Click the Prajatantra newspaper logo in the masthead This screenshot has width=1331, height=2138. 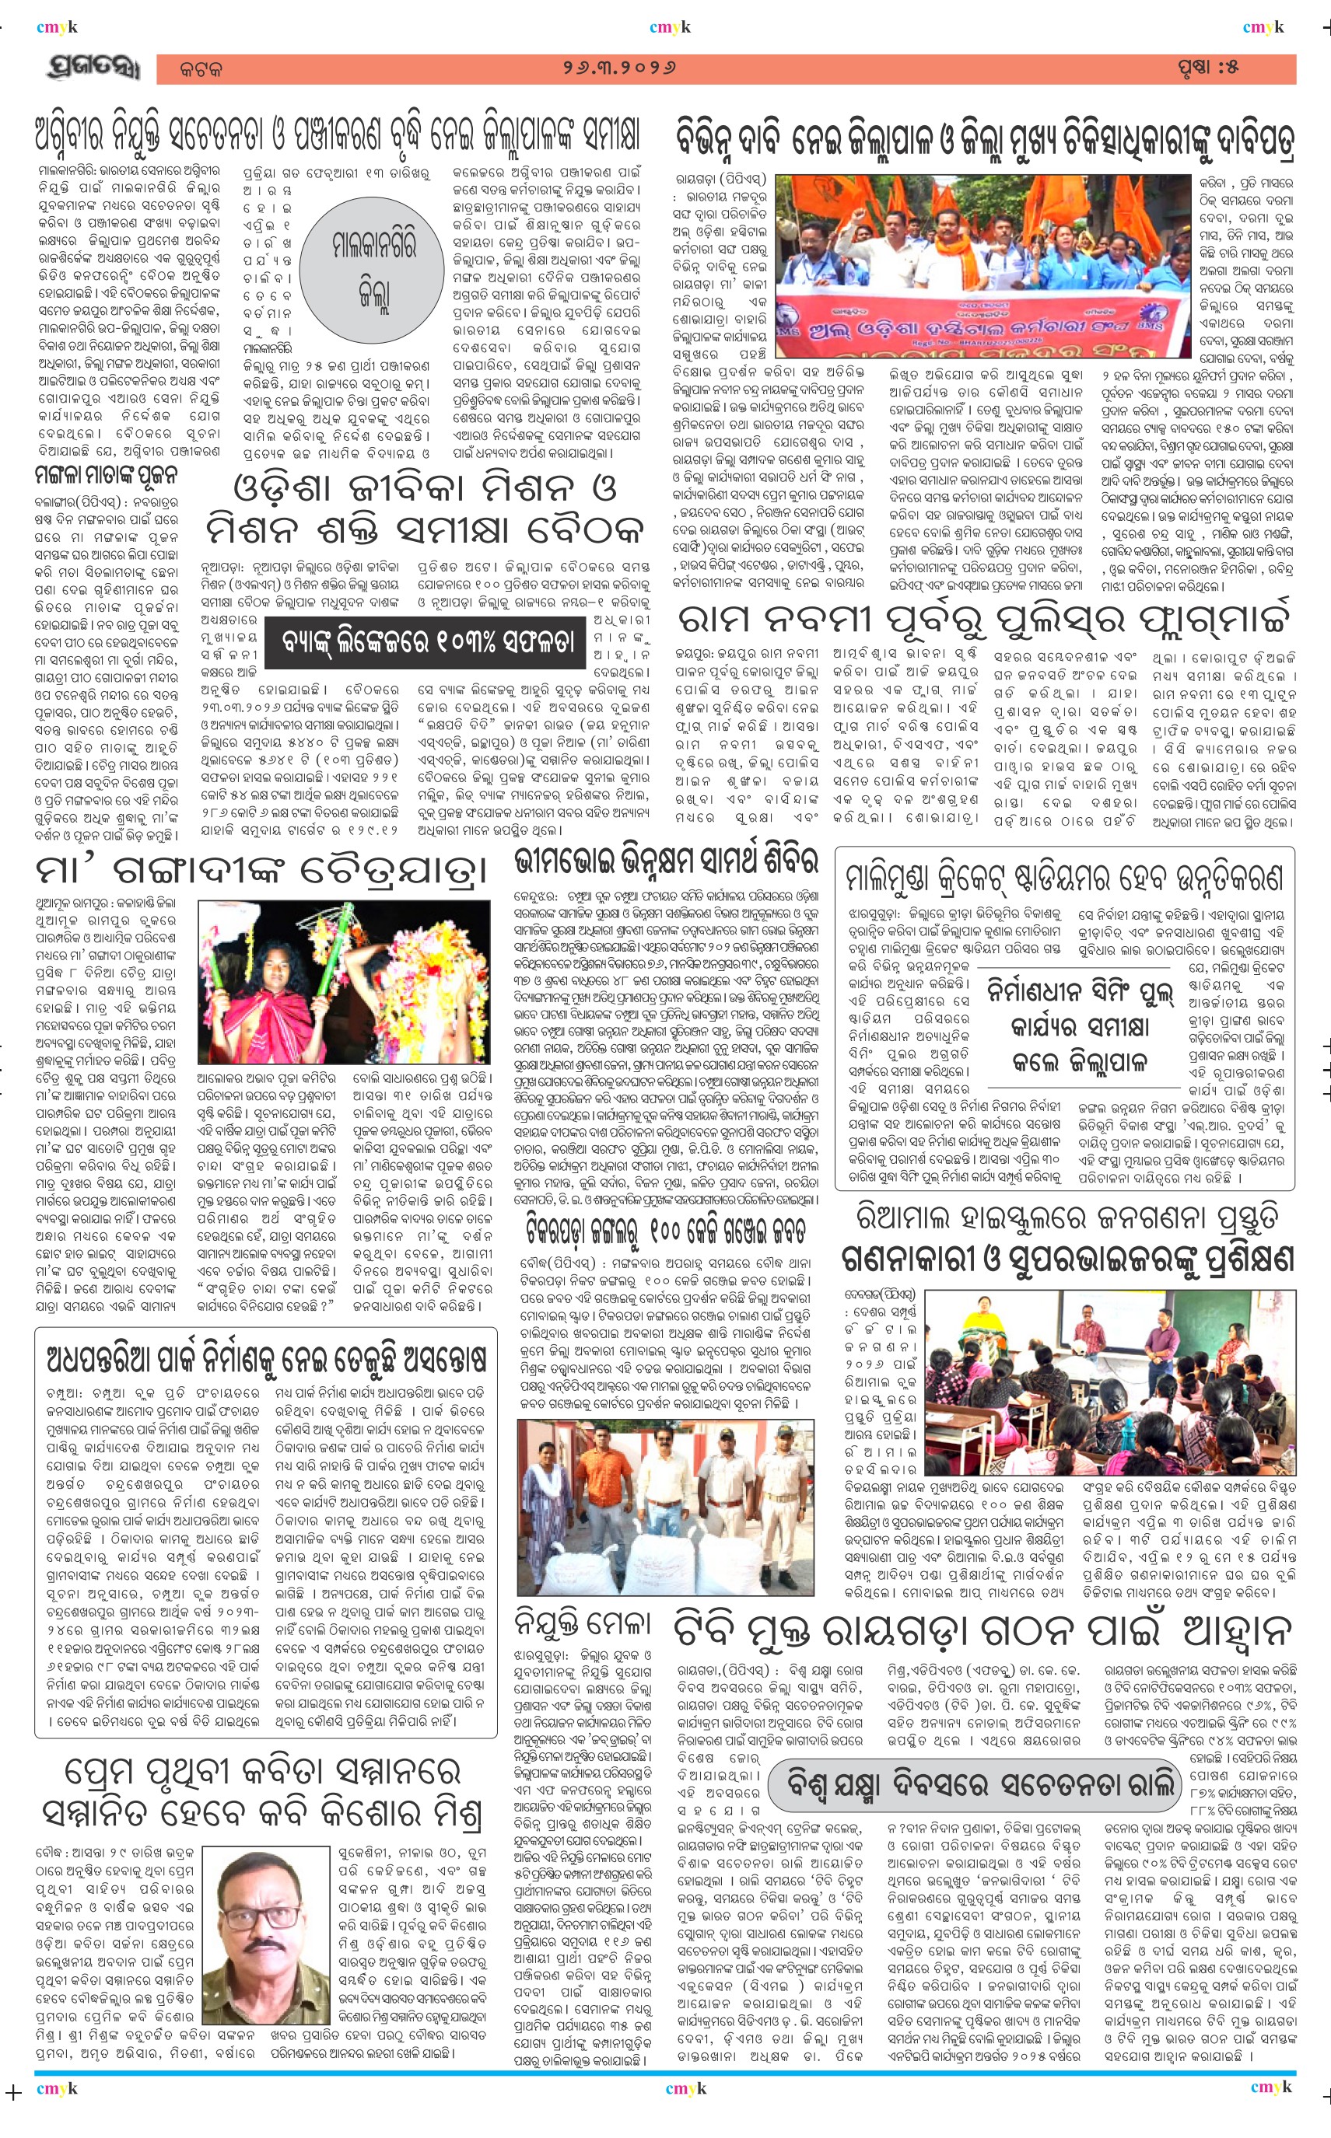pyautogui.click(x=93, y=68)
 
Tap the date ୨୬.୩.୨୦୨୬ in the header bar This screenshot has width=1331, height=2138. pyautogui.click(x=620, y=68)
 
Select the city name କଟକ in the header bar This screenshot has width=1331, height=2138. pyautogui.click(x=201, y=69)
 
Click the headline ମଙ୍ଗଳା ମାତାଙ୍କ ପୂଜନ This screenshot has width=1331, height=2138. pyautogui.click(x=106, y=477)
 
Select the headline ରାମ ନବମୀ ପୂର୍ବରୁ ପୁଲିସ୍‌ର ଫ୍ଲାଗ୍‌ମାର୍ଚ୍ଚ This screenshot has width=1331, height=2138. pyautogui.click(x=984, y=620)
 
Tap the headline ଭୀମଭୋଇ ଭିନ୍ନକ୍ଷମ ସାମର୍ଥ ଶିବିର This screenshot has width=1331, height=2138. pyautogui.click(x=667, y=860)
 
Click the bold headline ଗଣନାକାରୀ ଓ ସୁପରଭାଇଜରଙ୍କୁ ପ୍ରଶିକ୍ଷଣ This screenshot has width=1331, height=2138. pyautogui.click(x=1068, y=1260)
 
